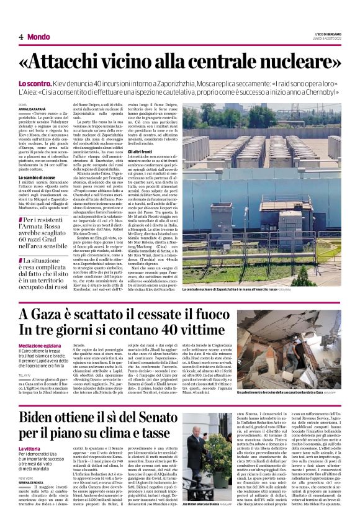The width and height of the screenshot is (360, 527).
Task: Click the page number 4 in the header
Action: [21, 37]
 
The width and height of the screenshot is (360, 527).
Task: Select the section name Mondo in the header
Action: [39, 37]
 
